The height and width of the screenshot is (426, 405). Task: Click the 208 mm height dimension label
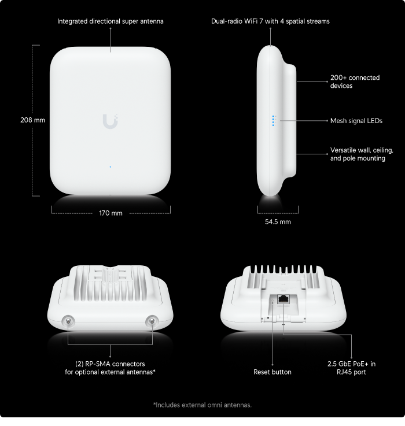32,120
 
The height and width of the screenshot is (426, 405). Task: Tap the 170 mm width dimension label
111,213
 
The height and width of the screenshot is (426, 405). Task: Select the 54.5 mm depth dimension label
278,222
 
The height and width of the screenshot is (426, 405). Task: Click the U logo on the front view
110,121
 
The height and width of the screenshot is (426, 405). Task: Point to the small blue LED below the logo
110,167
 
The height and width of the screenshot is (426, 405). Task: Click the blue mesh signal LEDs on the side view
273,121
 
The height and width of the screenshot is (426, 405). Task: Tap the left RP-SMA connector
68,321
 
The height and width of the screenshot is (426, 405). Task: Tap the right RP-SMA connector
152,321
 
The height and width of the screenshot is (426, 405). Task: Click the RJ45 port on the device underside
283,299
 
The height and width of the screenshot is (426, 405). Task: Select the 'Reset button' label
273,372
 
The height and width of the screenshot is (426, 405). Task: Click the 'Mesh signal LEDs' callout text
356,121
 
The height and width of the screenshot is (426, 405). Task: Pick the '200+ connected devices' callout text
355,82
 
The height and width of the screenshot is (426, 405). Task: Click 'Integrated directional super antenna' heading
110,21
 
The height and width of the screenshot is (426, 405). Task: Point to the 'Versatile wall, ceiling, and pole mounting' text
362,154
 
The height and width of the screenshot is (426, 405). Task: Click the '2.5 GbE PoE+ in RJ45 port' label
351,368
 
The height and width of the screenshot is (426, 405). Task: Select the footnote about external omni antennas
203,405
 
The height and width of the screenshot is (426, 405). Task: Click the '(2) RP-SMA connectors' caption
110,364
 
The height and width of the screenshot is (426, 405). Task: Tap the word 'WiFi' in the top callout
251,21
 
